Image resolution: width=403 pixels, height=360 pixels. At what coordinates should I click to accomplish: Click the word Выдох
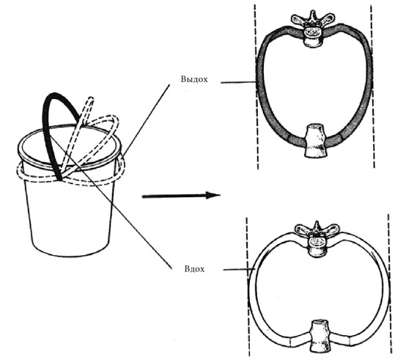194,79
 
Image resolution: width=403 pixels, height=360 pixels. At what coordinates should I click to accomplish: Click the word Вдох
195,269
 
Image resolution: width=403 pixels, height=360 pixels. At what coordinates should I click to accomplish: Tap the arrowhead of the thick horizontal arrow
214,195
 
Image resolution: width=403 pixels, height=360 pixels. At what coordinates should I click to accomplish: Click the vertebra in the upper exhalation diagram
313,29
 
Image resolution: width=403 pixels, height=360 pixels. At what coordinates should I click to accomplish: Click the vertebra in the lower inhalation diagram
317,238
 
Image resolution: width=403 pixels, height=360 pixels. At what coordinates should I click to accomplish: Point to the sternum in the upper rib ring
316,141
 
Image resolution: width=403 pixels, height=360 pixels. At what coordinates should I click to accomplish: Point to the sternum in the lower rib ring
319,336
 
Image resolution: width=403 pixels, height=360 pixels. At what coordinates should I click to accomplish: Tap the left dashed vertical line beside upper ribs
256,87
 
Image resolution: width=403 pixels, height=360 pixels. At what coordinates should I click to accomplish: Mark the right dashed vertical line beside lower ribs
391,284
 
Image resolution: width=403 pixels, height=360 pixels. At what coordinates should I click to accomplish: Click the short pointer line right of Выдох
238,83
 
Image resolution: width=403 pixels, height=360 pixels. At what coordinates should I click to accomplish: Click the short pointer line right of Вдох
239,270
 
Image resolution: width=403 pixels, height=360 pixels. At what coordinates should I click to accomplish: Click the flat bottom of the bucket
72,251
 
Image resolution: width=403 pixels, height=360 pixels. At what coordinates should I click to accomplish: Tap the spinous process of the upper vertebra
312,16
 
